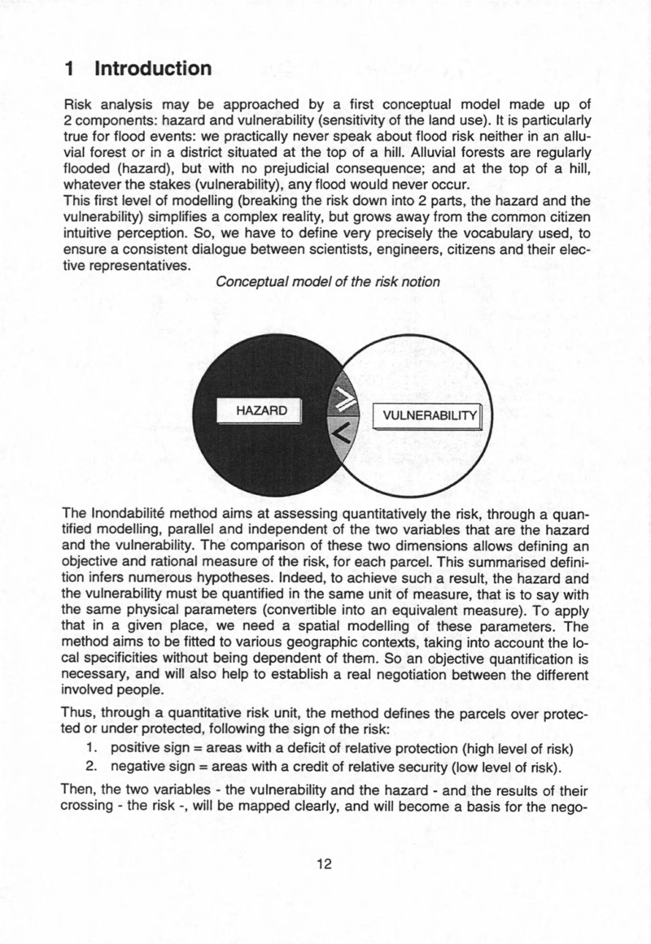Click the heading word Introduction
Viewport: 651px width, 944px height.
(x=153, y=68)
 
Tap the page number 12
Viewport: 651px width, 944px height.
(x=325, y=864)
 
